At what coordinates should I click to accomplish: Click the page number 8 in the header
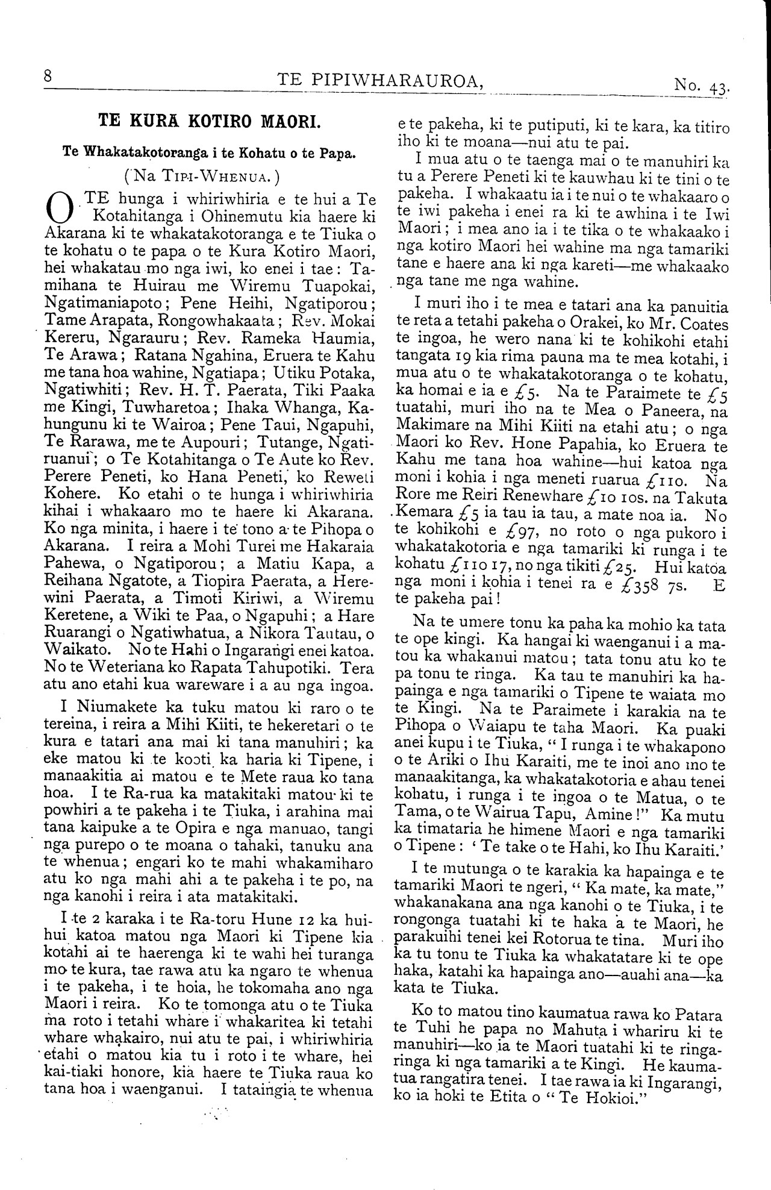48,78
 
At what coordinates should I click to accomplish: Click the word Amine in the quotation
614,816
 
